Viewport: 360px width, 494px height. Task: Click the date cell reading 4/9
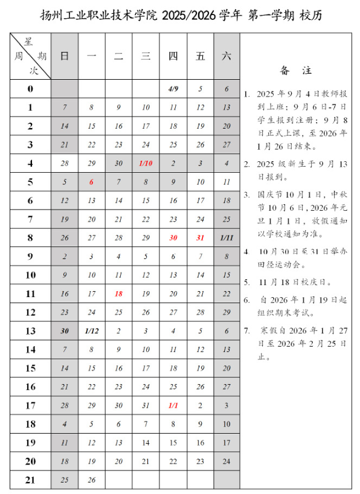point(173,89)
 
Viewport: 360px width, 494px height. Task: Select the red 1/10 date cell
point(146,163)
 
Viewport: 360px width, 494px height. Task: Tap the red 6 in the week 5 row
point(91,182)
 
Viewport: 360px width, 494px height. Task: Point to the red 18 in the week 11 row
point(118,294)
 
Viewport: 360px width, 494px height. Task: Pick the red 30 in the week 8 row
point(173,238)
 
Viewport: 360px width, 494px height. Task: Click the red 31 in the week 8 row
point(201,238)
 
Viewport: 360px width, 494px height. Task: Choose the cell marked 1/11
point(227,238)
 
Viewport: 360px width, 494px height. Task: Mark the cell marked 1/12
point(91,331)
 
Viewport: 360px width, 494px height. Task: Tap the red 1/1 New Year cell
point(173,406)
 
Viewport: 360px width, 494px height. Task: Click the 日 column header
point(65,56)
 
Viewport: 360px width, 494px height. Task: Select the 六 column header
point(227,56)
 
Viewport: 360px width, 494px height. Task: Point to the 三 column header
point(146,56)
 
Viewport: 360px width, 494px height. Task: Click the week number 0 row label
point(30,89)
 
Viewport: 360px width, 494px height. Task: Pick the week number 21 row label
point(30,480)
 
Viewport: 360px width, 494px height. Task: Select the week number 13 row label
point(30,331)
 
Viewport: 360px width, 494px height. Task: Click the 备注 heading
point(295,71)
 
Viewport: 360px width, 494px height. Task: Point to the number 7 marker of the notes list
point(246,330)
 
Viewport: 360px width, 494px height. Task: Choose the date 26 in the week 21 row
point(91,480)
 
